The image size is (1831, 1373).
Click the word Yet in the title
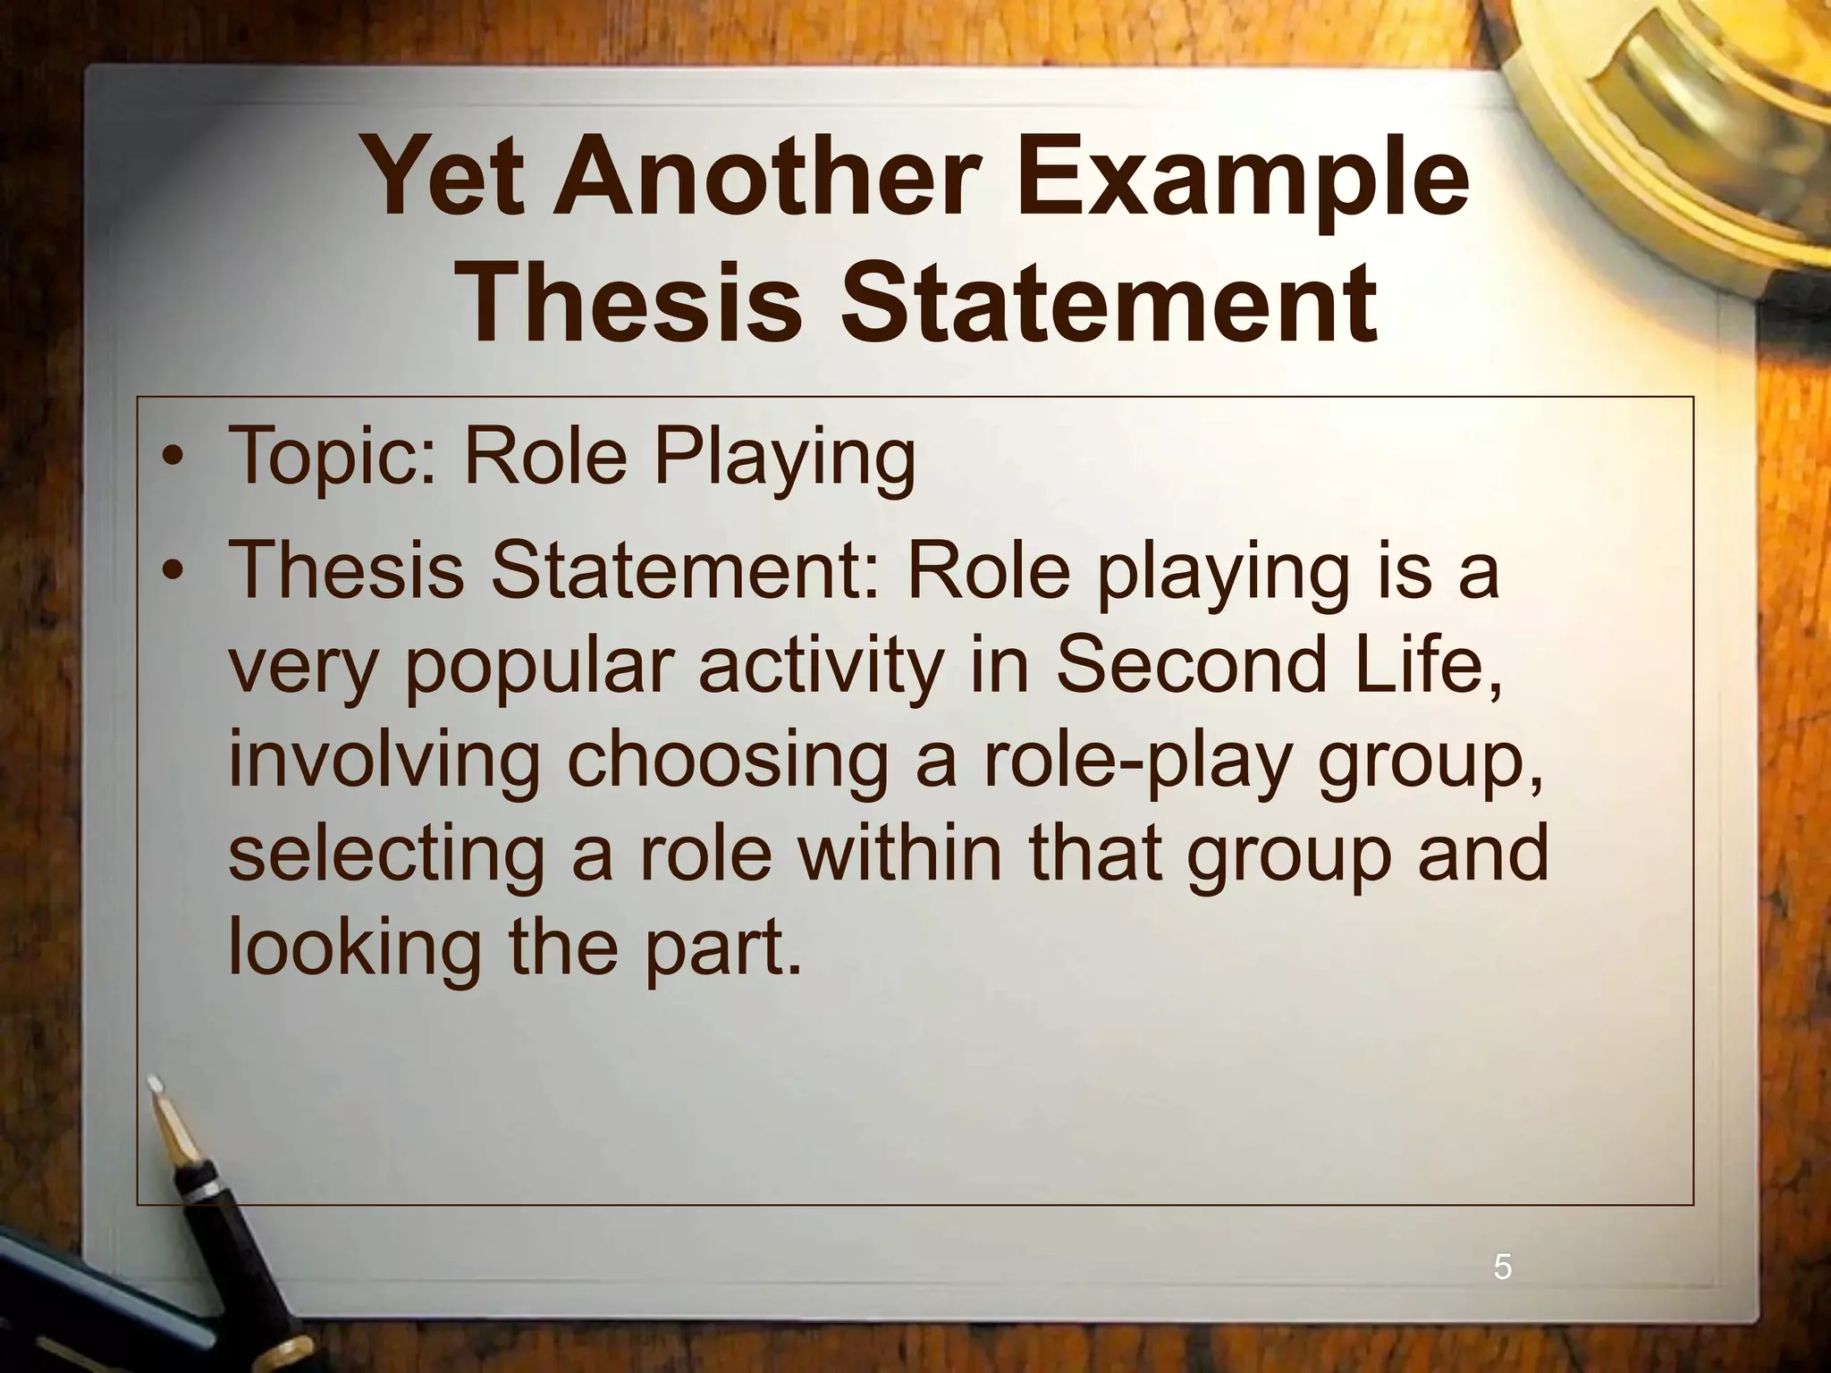pos(444,177)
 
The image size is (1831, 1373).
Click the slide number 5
pos(1503,1268)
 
